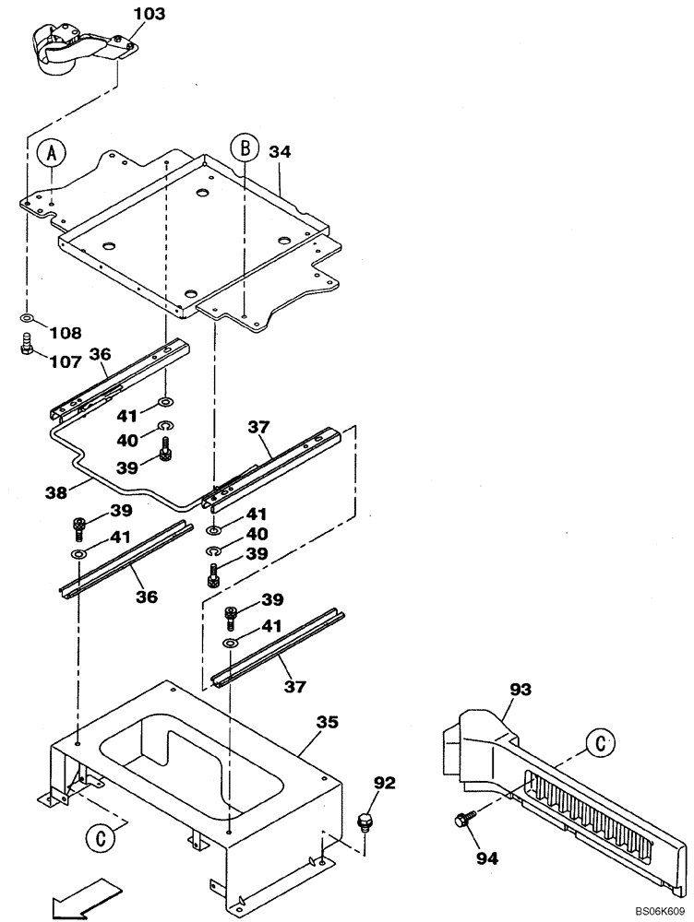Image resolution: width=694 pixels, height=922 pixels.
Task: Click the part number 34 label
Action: coord(281,152)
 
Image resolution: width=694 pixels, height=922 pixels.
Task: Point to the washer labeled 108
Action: coord(28,319)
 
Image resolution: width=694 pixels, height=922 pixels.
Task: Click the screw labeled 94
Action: coord(461,818)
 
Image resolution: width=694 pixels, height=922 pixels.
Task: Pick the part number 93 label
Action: coord(520,689)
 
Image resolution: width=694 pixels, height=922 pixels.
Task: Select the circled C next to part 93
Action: coord(601,743)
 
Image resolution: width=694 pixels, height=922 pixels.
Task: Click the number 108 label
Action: coord(65,332)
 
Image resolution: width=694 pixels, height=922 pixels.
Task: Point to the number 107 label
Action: coord(65,361)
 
